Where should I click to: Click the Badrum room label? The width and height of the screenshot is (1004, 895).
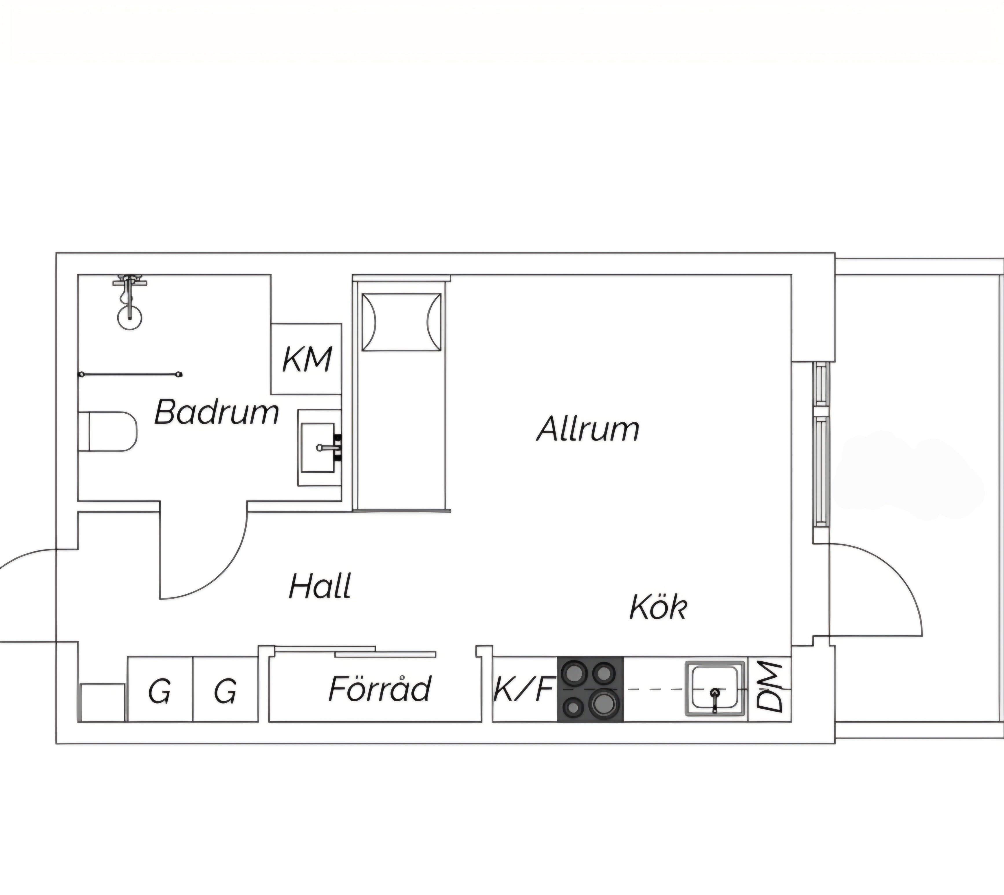click(x=217, y=412)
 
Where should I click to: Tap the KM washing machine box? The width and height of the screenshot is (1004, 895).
click(x=307, y=359)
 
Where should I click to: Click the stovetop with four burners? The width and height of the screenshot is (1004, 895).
click(x=590, y=689)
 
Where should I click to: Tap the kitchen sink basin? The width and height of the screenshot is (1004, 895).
click(x=714, y=687)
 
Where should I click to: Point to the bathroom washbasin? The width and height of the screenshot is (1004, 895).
click(x=318, y=448)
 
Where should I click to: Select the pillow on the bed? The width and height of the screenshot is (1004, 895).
click(x=402, y=322)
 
